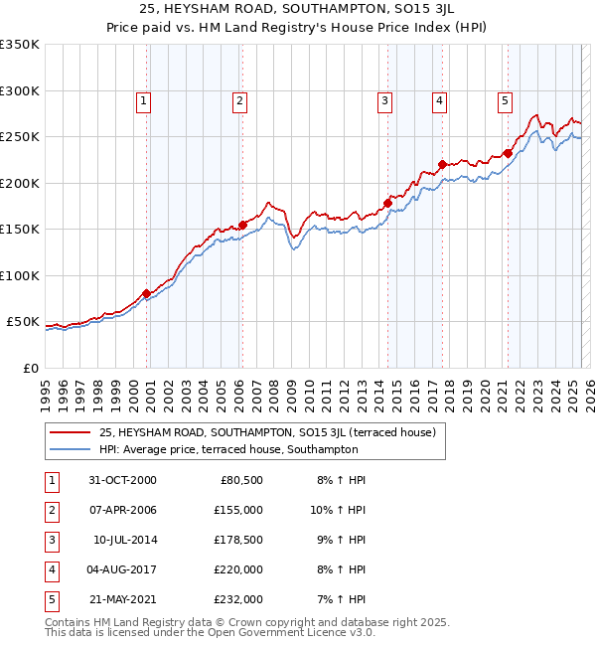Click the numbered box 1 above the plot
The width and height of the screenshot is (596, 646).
point(144,99)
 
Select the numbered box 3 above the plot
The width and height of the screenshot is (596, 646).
point(384,99)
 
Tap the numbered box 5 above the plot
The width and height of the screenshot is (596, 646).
point(506,99)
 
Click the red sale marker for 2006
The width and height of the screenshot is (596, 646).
point(242,225)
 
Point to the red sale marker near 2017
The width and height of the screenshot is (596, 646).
point(442,164)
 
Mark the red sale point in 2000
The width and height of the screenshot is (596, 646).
point(147,293)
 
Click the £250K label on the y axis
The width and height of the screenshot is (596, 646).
point(19,136)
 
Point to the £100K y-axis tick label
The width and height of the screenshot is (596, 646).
point(19,275)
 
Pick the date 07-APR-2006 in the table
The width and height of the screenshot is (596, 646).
point(121,510)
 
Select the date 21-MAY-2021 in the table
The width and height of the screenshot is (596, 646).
point(121,599)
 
